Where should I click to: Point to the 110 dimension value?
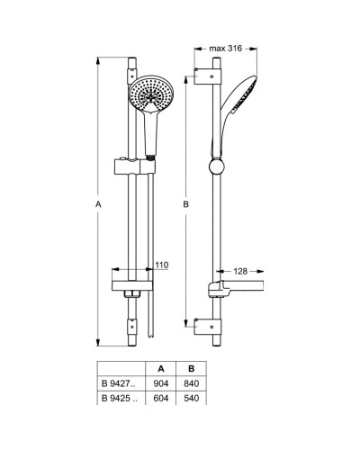point(161,265)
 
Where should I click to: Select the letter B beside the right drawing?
point(185,205)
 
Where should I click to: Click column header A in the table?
point(160,367)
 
